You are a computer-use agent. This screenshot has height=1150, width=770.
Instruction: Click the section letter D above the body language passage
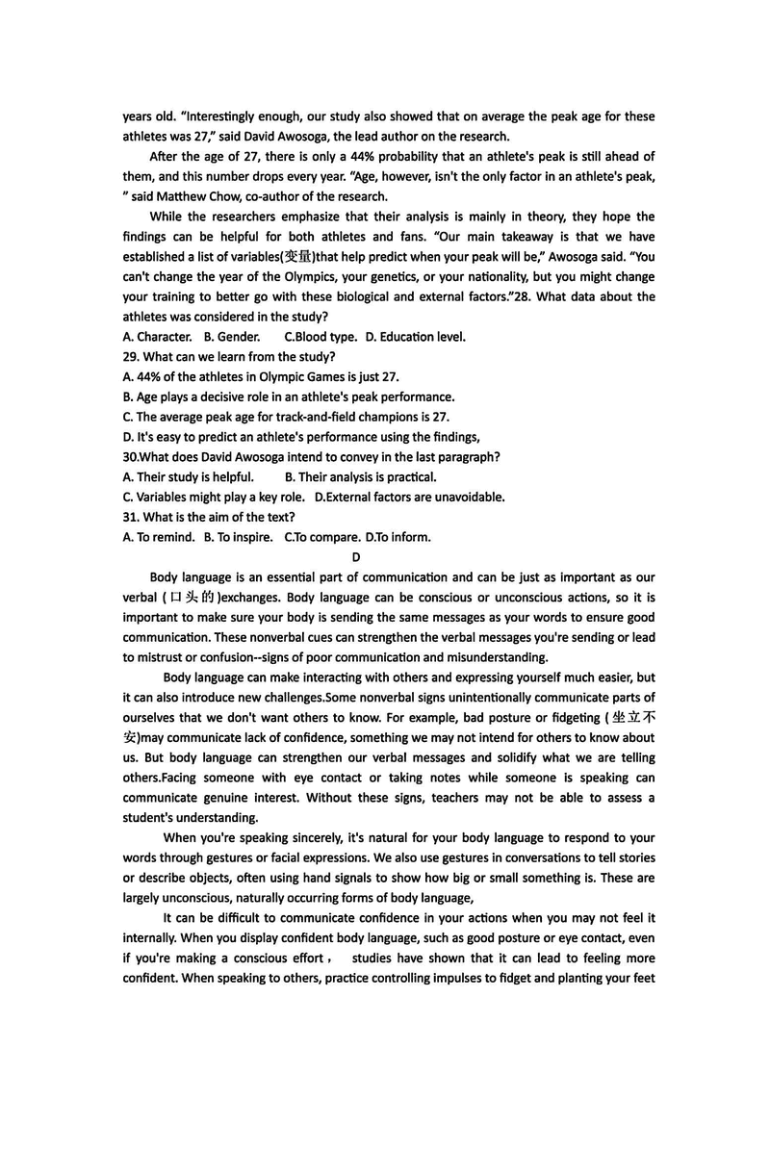point(355,557)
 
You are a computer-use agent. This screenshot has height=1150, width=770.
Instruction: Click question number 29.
point(132,357)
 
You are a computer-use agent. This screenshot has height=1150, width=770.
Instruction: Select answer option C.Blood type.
point(321,337)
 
